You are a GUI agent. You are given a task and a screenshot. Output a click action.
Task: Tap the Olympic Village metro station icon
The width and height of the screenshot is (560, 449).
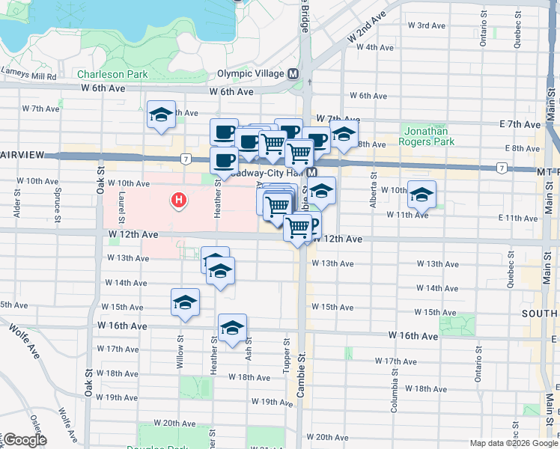293,74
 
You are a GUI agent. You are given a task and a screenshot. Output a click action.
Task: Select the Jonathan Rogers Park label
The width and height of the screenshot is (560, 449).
427,135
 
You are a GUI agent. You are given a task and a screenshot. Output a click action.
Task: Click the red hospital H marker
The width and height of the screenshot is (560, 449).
179,200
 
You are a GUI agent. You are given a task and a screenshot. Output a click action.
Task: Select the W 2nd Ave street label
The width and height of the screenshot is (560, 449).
366,26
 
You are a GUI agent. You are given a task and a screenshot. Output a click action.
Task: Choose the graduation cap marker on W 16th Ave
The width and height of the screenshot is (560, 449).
233,328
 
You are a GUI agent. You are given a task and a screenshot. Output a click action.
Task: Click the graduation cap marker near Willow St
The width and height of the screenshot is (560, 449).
185,302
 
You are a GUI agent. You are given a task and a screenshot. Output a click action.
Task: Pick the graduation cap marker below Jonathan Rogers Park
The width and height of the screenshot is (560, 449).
421,194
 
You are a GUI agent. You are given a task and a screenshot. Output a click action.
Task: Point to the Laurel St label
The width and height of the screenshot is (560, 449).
120,204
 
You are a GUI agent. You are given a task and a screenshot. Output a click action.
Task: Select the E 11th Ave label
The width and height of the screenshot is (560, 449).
518,218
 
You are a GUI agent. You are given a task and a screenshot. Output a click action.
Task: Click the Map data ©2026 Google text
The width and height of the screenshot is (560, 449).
513,443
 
